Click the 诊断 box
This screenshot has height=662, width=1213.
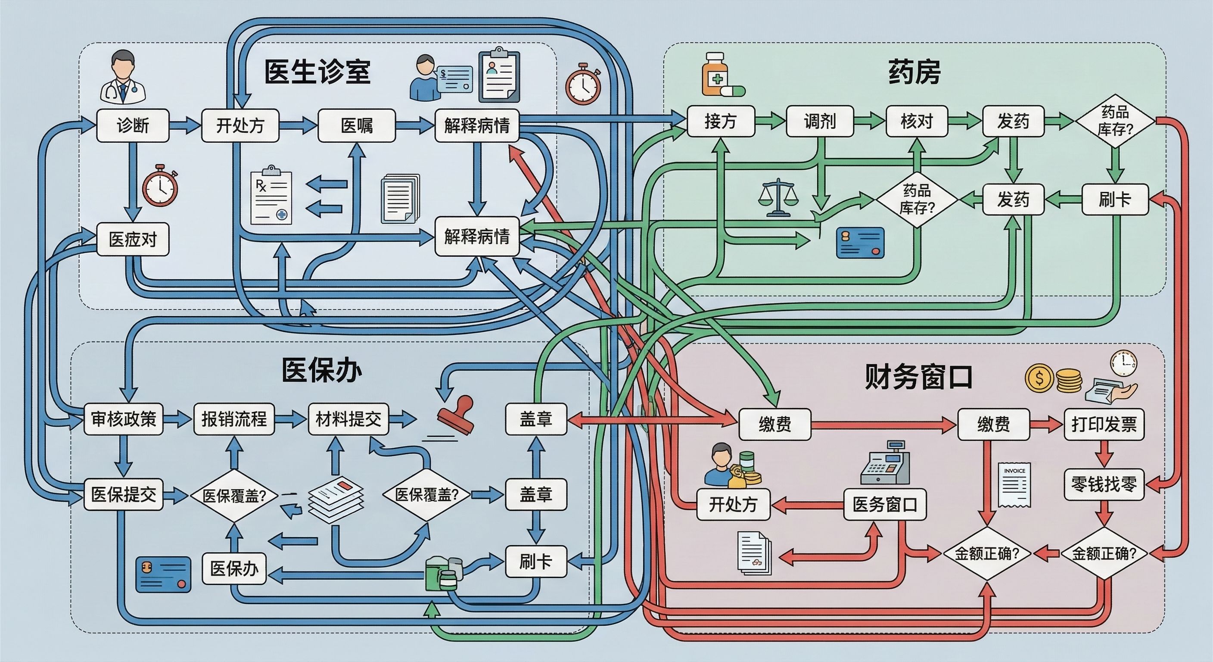coord(132,126)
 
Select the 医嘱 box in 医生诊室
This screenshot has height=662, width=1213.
coord(357,126)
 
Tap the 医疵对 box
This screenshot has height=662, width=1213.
coord(132,239)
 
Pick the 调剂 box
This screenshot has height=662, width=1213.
coord(819,122)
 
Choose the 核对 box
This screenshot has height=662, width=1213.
coord(916,122)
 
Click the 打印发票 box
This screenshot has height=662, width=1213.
coord(1104,424)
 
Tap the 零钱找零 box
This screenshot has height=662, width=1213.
coord(1104,484)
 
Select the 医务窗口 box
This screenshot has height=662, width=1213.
coord(885,505)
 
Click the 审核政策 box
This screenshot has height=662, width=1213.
coord(123,419)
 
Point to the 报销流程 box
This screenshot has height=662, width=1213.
coord(234,419)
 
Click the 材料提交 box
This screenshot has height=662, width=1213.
coord(348,419)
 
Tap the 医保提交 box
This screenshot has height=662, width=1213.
coord(123,495)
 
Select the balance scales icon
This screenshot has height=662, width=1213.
coord(778,198)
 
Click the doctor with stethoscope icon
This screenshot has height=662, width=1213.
coord(123,78)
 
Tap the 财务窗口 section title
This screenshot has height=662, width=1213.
coord(919,378)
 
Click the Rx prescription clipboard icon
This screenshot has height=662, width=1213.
coord(271,196)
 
